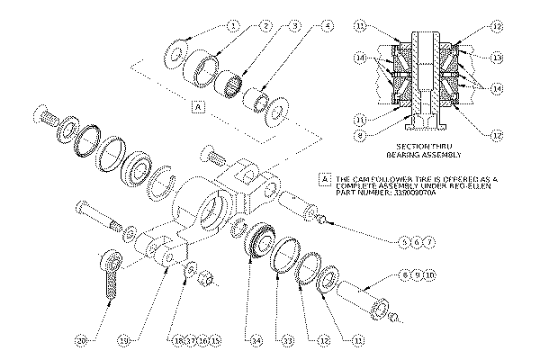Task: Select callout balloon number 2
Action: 264,27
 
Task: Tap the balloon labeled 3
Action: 295,27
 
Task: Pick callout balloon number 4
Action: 328,27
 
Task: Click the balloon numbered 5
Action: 404,243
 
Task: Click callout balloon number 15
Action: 216,342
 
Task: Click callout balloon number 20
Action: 82,342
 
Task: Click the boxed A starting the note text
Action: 325,179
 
